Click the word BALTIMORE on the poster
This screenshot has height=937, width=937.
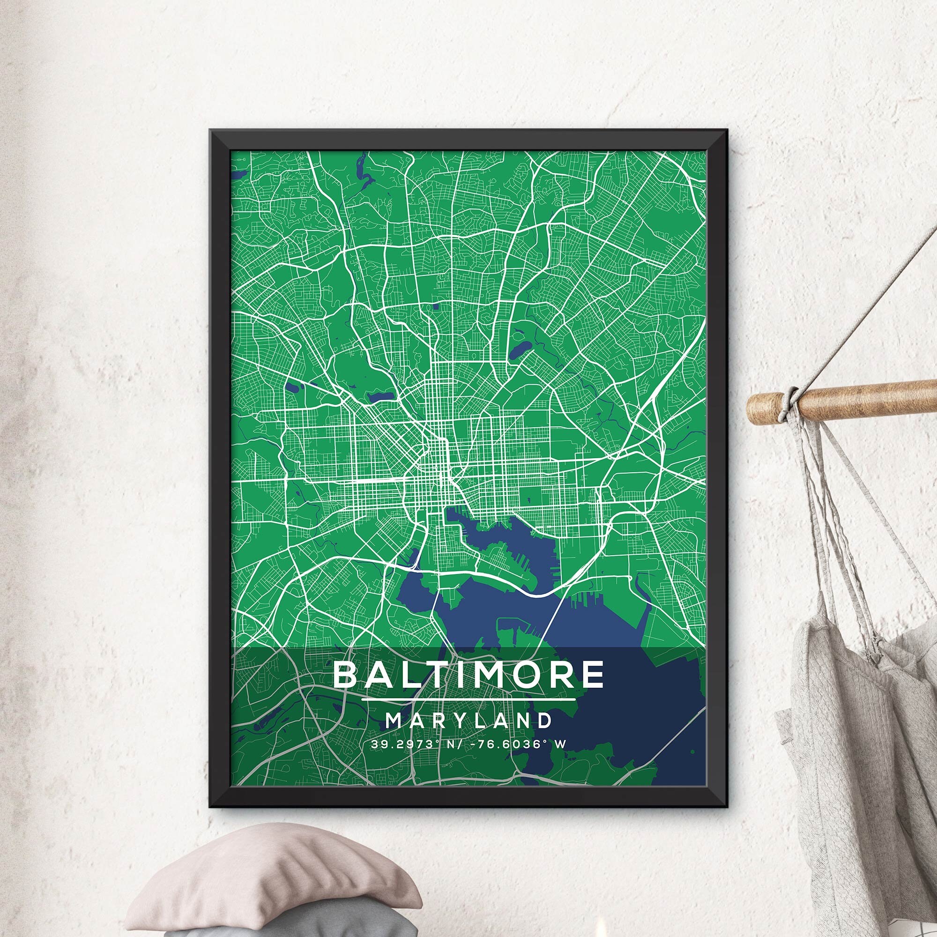pos(468,675)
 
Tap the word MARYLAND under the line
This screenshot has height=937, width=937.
pos(468,720)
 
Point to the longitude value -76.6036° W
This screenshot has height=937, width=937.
pos(509,744)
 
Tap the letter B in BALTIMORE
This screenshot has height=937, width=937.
pos(345,675)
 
